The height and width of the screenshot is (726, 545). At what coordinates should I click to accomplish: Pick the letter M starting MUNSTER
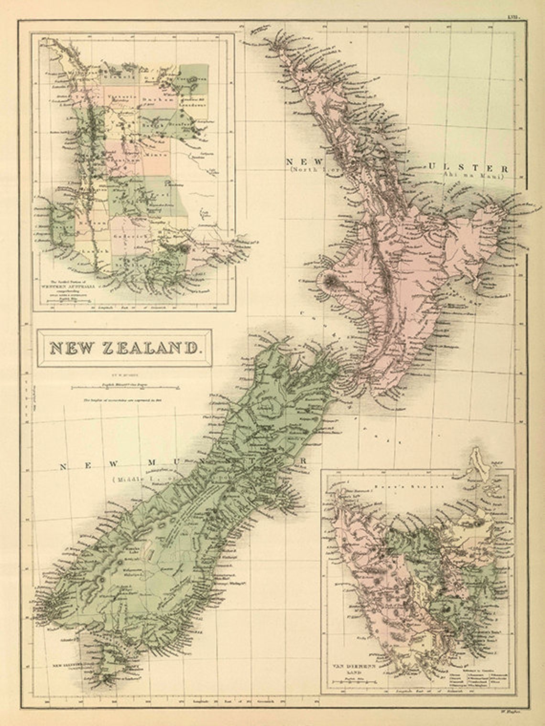pyautogui.click(x=151, y=463)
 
